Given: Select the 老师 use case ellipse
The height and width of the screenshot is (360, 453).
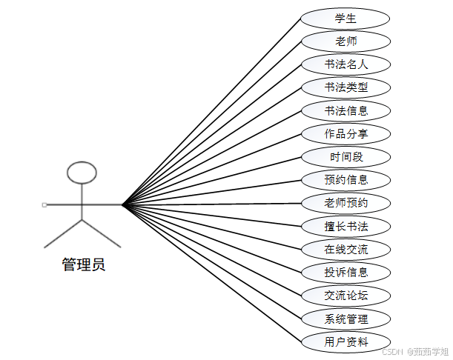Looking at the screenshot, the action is coord(346,41).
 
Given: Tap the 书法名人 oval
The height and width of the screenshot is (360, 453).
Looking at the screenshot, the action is coord(346,64).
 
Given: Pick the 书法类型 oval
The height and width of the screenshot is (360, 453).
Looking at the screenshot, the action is coord(346,87).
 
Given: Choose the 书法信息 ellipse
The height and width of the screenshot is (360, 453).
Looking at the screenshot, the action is coord(346,110).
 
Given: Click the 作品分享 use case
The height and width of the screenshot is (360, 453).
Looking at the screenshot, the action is coord(346,134).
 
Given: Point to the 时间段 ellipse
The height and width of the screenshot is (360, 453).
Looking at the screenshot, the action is coord(346,157).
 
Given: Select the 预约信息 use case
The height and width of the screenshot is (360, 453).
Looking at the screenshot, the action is coord(346,180).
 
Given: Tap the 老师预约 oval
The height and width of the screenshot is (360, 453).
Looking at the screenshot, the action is coord(346,203).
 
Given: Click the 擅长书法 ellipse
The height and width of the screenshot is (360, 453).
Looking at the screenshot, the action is coord(346,226).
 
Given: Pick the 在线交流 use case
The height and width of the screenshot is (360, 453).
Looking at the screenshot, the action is coord(346,249).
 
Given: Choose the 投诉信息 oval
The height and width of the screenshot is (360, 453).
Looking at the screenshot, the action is coord(346,272).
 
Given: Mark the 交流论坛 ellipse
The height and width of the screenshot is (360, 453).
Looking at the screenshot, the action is coord(346,296).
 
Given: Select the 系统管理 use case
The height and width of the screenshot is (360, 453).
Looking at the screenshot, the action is coord(346,319).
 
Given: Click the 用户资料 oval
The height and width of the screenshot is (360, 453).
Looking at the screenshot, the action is coord(346,341).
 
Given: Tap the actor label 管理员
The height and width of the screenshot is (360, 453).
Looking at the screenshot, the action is coord(83,264).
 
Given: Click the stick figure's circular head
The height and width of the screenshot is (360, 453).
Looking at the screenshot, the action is coord(82,173).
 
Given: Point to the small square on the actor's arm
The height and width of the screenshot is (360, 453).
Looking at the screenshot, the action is coord(44,204).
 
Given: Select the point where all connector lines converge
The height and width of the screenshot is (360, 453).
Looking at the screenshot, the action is coord(122,204).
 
